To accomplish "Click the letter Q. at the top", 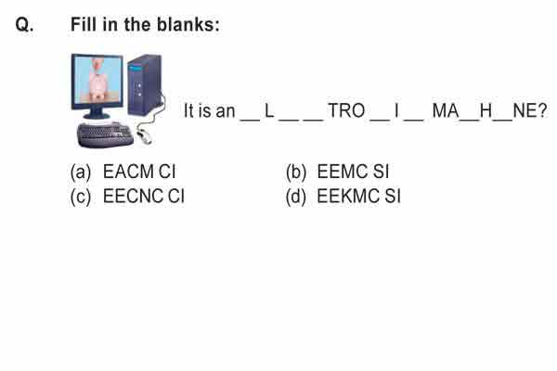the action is (24, 25).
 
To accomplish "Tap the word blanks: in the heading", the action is (188, 24).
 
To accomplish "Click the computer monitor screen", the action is (97, 80).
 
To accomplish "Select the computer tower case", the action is (146, 84).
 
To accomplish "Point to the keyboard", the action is (105, 134).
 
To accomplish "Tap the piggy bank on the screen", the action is (97, 82).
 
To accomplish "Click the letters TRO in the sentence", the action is (346, 110).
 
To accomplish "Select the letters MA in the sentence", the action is (446, 110).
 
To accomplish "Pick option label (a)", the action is (81, 172).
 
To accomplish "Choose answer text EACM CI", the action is (139, 172).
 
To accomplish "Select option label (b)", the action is (296, 172).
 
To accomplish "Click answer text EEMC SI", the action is (353, 172).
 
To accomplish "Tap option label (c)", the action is (81, 197).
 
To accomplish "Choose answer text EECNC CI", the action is (144, 197).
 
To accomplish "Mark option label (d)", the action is (296, 197).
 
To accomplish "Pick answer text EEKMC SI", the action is (358, 197).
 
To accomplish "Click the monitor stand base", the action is (97, 115).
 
